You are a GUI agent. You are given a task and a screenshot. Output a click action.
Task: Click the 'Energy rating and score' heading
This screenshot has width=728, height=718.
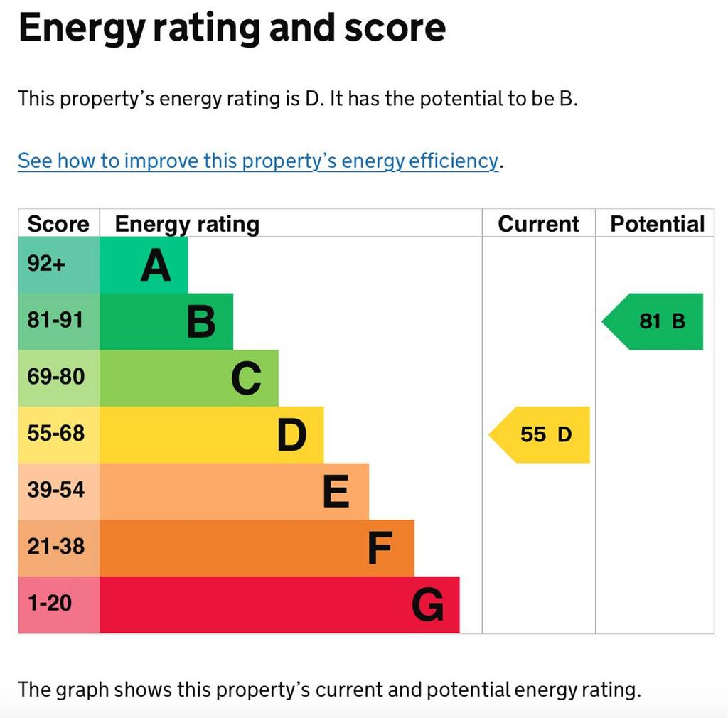tap(232, 28)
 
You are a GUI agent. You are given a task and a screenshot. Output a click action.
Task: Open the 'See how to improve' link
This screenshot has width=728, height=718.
tap(258, 161)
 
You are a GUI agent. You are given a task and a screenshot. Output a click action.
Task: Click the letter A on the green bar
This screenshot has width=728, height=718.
tap(156, 266)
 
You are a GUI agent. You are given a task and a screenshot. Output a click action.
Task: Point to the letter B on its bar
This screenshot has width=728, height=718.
tap(200, 322)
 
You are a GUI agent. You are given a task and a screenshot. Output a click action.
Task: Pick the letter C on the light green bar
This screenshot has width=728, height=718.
tap(246, 379)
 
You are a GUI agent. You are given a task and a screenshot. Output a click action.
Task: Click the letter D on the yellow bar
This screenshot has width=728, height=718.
tap(291, 435)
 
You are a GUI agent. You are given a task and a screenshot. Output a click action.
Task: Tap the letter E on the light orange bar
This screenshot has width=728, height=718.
tap(336, 492)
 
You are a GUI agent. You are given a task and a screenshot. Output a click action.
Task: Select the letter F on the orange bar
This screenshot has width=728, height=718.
tap(380, 548)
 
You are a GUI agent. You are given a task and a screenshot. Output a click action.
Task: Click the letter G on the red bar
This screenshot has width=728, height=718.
tap(428, 606)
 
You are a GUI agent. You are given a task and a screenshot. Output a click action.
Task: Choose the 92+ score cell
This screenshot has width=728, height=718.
tap(47, 264)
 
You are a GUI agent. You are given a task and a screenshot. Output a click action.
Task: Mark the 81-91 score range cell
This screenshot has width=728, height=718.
tap(55, 320)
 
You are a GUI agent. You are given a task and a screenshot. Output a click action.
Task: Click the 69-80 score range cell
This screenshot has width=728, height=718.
tap(55, 377)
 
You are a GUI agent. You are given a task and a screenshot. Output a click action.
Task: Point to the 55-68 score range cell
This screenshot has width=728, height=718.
tap(55, 433)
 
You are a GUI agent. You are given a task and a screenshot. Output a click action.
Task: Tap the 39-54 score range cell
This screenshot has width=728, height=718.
tap(55, 490)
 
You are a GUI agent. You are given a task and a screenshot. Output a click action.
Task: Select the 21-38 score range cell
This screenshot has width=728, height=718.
tap(55, 547)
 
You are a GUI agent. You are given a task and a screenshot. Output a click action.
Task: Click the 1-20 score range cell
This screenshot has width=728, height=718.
tap(50, 604)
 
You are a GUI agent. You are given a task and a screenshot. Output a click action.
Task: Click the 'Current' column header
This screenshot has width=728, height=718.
tap(538, 224)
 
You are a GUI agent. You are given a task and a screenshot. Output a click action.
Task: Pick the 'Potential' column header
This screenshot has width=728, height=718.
tap(657, 224)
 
